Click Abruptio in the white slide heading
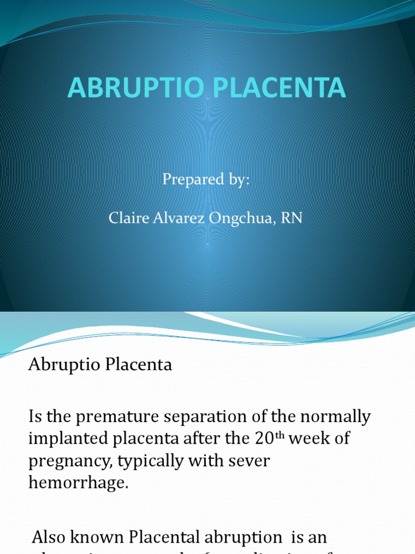(62, 365)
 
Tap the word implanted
(69, 439)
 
